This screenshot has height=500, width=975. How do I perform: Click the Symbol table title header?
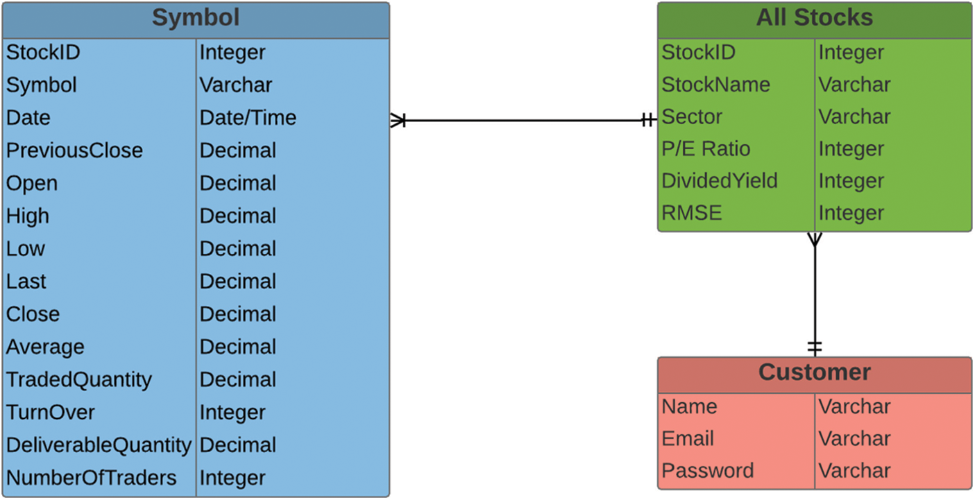click(x=195, y=18)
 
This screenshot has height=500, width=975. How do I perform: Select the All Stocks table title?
click(x=814, y=18)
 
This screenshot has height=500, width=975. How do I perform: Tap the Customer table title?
click(x=814, y=372)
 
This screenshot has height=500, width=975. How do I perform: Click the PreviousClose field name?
click(x=74, y=150)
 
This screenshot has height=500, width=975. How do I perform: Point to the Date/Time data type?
click(x=248, y=118)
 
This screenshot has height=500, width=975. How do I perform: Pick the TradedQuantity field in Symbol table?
click(x=78, y=379)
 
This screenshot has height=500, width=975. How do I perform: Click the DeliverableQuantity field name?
click(x=99, y=445)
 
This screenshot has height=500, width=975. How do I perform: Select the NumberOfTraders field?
click(x=91, y=478)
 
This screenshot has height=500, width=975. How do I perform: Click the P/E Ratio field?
click(x=705, y=148)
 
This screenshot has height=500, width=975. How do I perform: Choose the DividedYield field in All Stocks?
click(x=719, y=181)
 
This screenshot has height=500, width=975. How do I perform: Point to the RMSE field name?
click(x=692, y=213)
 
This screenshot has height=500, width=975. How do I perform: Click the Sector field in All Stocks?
click(x=691, y=117)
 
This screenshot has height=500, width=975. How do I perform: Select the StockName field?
click(x=715, y=85)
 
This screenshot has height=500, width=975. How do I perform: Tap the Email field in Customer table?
click(x=688, y=438)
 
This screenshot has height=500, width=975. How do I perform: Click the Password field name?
click(x=707, y=470)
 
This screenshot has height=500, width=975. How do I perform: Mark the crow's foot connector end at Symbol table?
click(x=398, y=121)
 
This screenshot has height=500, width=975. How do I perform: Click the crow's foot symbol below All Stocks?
click(x=814, y=240)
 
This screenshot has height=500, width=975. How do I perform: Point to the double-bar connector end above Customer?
click(x=814, y=346)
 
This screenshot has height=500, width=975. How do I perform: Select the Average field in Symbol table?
click(x=45, y=347)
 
